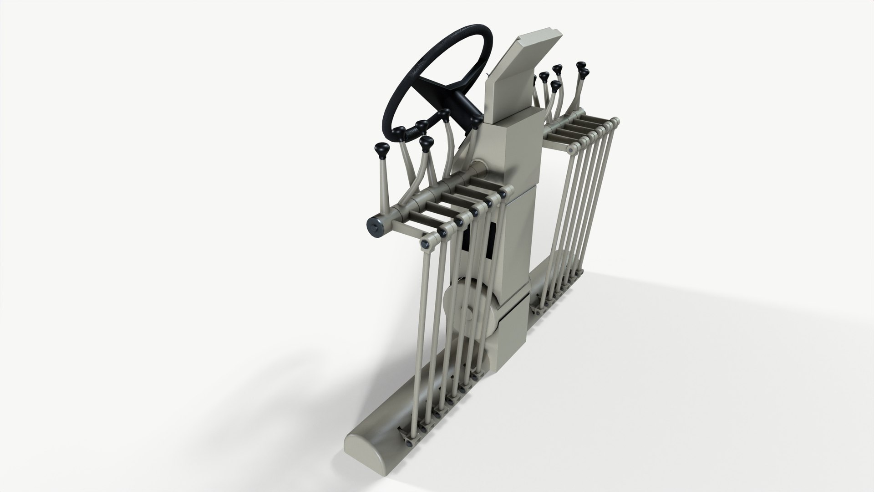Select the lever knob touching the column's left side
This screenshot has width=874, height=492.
point(476,121)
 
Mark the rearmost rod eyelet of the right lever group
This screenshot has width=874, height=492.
point(615,121)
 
